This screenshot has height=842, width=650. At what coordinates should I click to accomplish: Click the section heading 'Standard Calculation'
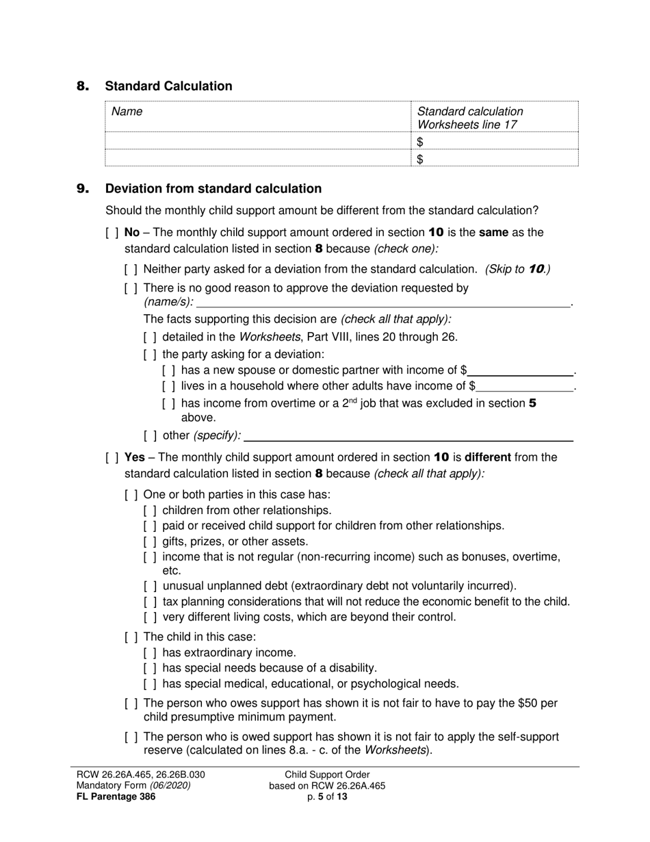tap(168, 86)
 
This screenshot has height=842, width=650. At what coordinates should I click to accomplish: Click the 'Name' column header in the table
tap(127, 112)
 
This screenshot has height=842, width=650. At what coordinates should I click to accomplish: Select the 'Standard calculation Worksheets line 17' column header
tap(470, 118)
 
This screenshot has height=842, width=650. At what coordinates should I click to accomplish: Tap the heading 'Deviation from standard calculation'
tap(213, 189)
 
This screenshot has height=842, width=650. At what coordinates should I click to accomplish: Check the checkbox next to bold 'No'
tap(112, 233)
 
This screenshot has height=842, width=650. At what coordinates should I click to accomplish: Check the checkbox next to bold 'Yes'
tap(112, 457)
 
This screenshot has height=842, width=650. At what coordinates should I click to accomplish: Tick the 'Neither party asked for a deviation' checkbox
tap(131, 270)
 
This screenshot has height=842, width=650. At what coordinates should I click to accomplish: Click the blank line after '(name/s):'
tap(383, 302)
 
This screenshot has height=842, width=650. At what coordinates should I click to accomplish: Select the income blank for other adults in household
tap(528, 386)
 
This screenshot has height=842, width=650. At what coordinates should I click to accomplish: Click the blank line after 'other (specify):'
tap(408, 435)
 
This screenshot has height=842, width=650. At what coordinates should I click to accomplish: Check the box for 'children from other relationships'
tap(151, 511)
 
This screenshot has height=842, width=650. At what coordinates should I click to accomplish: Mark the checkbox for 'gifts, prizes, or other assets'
tap(151, 541)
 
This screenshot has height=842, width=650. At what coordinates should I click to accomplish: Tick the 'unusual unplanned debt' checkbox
tap(151, 586)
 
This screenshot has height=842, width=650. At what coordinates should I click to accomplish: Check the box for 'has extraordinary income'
tap(151, 653)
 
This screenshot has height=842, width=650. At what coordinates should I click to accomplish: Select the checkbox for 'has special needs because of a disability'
tap(151, 668)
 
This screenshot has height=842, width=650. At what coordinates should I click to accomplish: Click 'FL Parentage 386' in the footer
tap(116, 796)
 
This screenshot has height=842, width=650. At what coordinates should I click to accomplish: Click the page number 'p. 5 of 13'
tap(327, 796)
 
